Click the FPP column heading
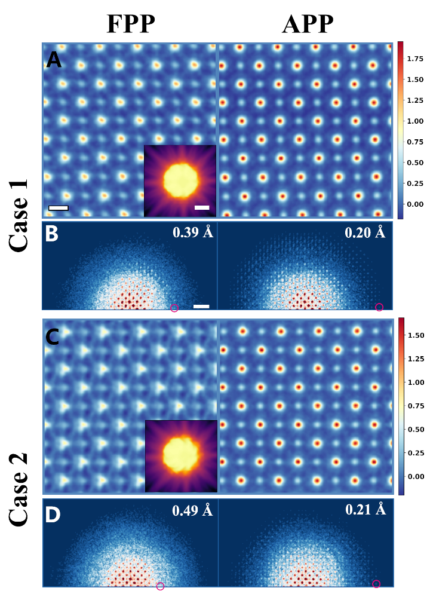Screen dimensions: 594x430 131,24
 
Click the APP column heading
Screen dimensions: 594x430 308,24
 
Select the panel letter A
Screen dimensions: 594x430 54,60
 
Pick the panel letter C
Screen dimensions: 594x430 54,338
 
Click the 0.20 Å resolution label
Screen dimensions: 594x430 365,232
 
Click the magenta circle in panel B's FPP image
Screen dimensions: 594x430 174,308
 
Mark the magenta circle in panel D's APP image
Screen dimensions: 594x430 376,584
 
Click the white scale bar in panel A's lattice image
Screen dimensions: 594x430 59,208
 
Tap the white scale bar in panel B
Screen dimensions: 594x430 201,307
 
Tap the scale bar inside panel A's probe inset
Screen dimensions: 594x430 202,207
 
